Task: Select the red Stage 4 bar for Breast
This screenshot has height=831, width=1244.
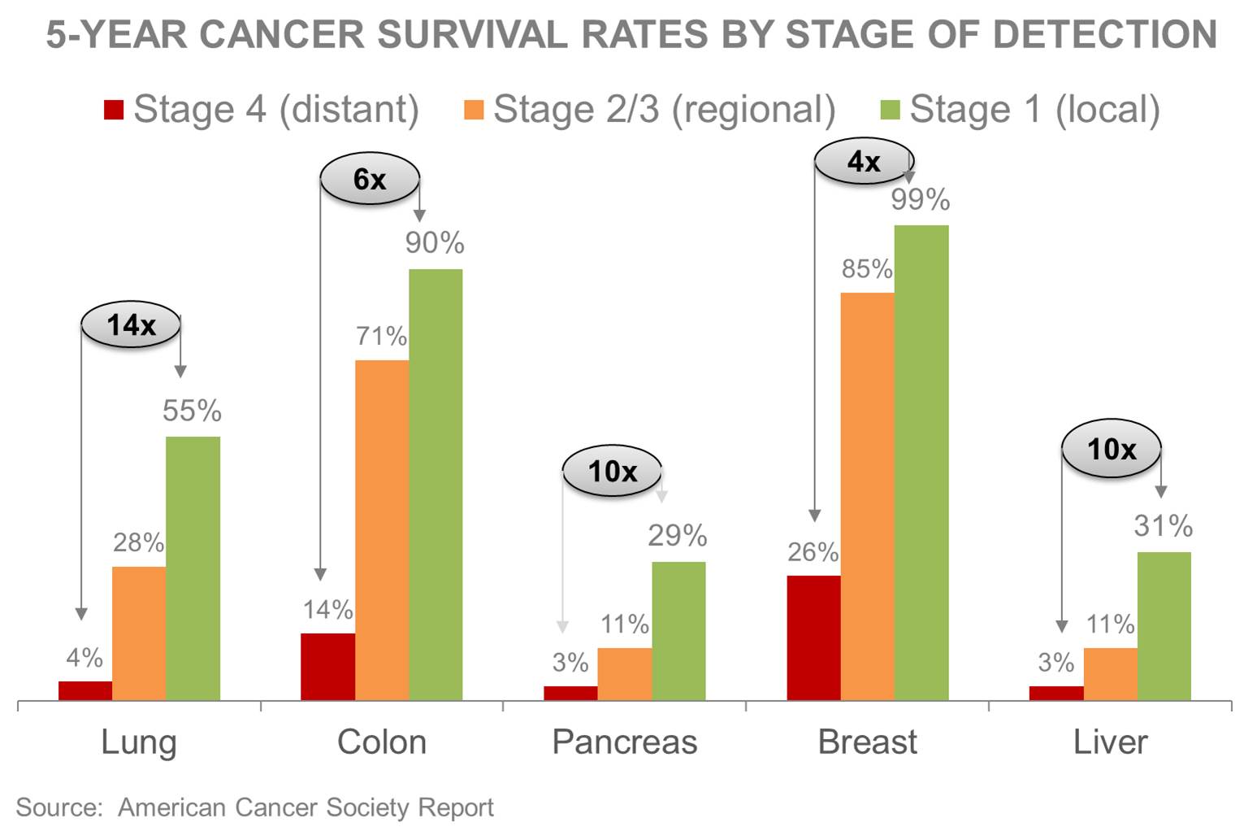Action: point(813,637)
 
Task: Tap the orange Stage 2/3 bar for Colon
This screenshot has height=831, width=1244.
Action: point(382,529)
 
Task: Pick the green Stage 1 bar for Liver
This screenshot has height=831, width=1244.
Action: point(1164,625)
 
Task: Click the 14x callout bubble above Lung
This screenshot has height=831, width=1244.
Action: point(131,325)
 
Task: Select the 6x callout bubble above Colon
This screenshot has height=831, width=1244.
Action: point(370,179)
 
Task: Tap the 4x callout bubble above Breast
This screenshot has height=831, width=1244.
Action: point(864,161)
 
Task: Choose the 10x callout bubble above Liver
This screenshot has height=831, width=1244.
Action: point(1112,449)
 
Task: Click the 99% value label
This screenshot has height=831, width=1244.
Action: point(920,200)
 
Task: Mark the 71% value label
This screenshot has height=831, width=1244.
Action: point(381,336)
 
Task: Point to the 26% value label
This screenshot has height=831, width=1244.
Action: point(813,552)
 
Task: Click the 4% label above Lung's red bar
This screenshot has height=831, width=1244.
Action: point(85,657)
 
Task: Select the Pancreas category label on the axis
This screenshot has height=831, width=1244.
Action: point(624,742)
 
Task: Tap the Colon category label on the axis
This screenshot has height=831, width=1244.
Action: point(382,742)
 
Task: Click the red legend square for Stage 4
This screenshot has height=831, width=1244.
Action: point(114,110)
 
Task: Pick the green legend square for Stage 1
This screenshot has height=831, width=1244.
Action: point(891,110)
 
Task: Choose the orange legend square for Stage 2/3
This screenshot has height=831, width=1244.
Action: point(474,110)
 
